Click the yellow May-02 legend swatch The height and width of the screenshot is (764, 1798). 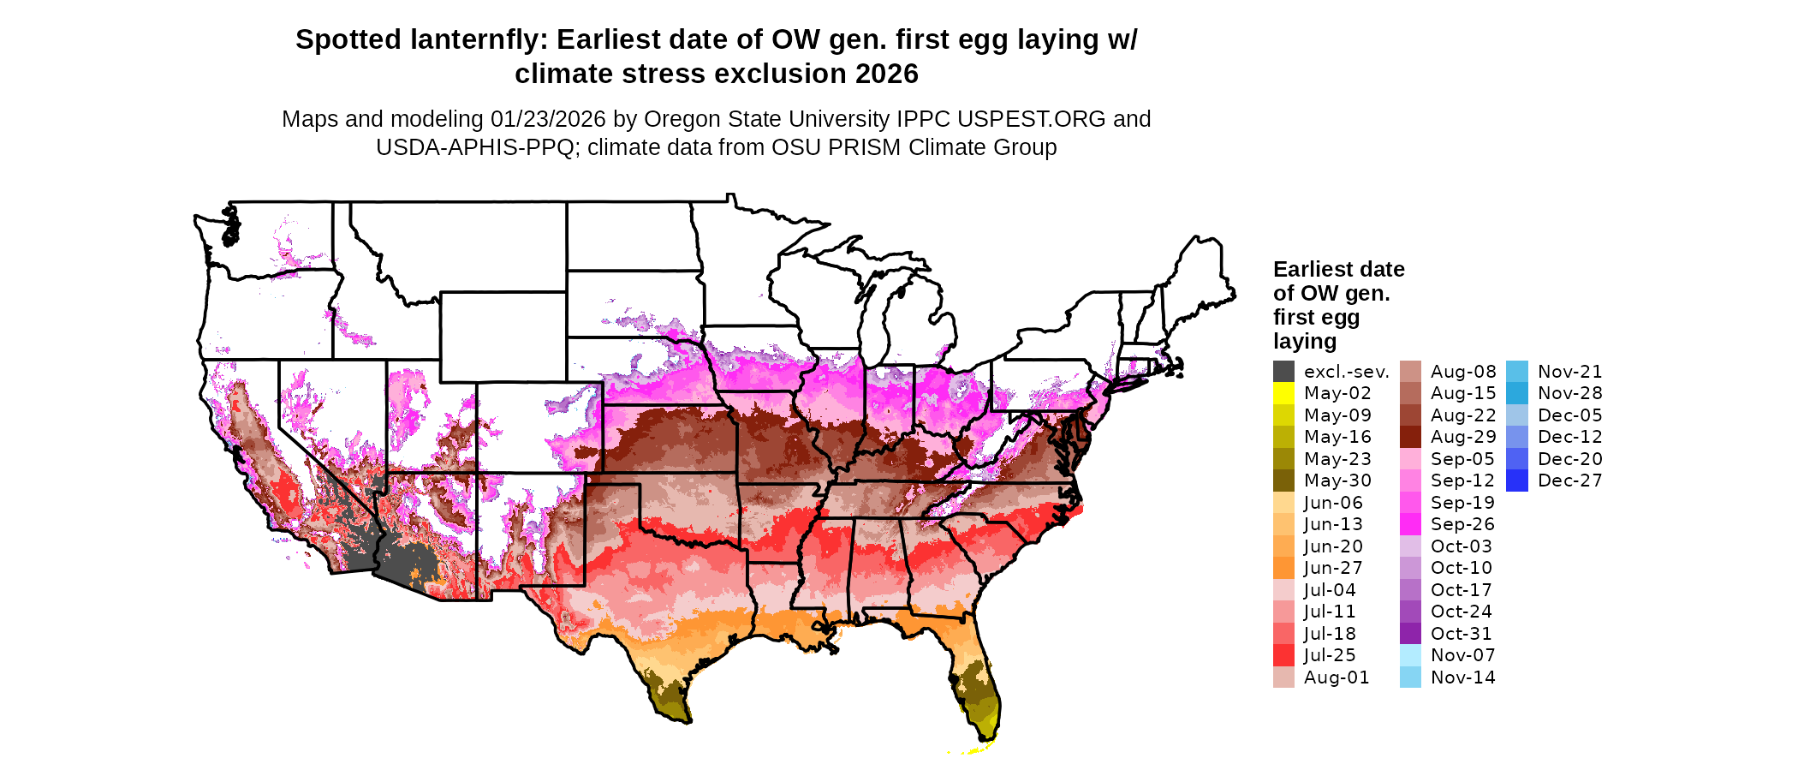coord(1283,393)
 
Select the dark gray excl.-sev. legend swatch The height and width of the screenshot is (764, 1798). coord(1283,372)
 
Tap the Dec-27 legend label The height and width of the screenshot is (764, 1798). coord(1569,480)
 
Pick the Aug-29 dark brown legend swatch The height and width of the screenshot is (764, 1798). coord(1410,437)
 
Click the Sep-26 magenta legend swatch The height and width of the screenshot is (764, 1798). coord(1410,524)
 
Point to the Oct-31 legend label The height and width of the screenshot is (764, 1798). coord(1461,634)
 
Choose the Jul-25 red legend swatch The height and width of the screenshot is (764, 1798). coord(1283,655)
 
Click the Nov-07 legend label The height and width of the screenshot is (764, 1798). coord(1462,655)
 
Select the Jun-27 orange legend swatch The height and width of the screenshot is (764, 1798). coord(1283,568)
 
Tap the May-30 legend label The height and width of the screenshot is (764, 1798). coord(1337,480)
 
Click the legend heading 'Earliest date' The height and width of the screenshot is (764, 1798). coord(1338,269)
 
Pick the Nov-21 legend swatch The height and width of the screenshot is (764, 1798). coord(1516,372)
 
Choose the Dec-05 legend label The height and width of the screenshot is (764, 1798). coord(1569,415)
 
